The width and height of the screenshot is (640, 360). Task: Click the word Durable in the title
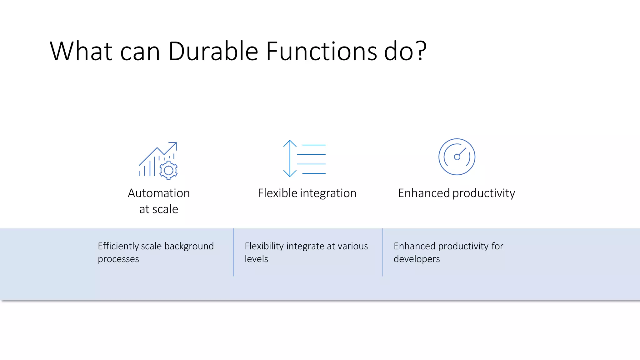point(213,52)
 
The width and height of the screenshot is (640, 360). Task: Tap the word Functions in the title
point(321,52)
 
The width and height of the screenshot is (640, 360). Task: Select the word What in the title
point(81,52)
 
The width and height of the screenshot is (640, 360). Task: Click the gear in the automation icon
point(168,170)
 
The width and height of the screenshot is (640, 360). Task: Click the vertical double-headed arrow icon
point(290,158)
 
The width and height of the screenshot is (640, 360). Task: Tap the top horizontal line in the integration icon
point(314,145)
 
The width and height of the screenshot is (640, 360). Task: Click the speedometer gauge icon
point(457,157)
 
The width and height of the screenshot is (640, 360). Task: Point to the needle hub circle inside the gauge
point(457,157)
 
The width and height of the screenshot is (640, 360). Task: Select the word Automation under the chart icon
point(159,193)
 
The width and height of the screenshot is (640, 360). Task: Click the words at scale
point(159,209)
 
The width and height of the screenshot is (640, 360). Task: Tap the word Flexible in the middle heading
point(277,193)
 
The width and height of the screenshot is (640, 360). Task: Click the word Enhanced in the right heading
point(423,193)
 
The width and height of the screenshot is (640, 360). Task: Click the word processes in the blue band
point(118,259)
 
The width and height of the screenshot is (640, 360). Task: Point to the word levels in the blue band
point(256,259)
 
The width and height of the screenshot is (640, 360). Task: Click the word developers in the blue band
point(417,259)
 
